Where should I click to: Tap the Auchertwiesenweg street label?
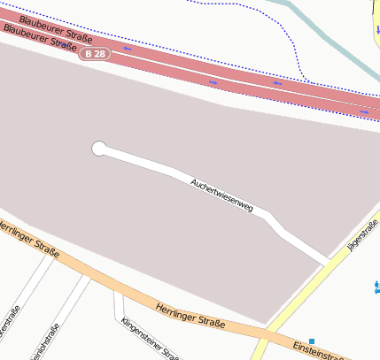point(221,195)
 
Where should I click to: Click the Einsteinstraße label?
point(319,349)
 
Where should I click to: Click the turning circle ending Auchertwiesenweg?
point(99,149)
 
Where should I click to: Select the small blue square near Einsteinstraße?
point(312,341)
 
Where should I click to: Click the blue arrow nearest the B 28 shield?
point(127,49)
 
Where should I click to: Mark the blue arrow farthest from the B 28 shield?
point(365,112)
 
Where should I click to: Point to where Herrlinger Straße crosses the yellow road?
point(267,336)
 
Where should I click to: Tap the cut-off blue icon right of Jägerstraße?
point(377,286)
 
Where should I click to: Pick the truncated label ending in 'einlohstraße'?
point(44,344)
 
